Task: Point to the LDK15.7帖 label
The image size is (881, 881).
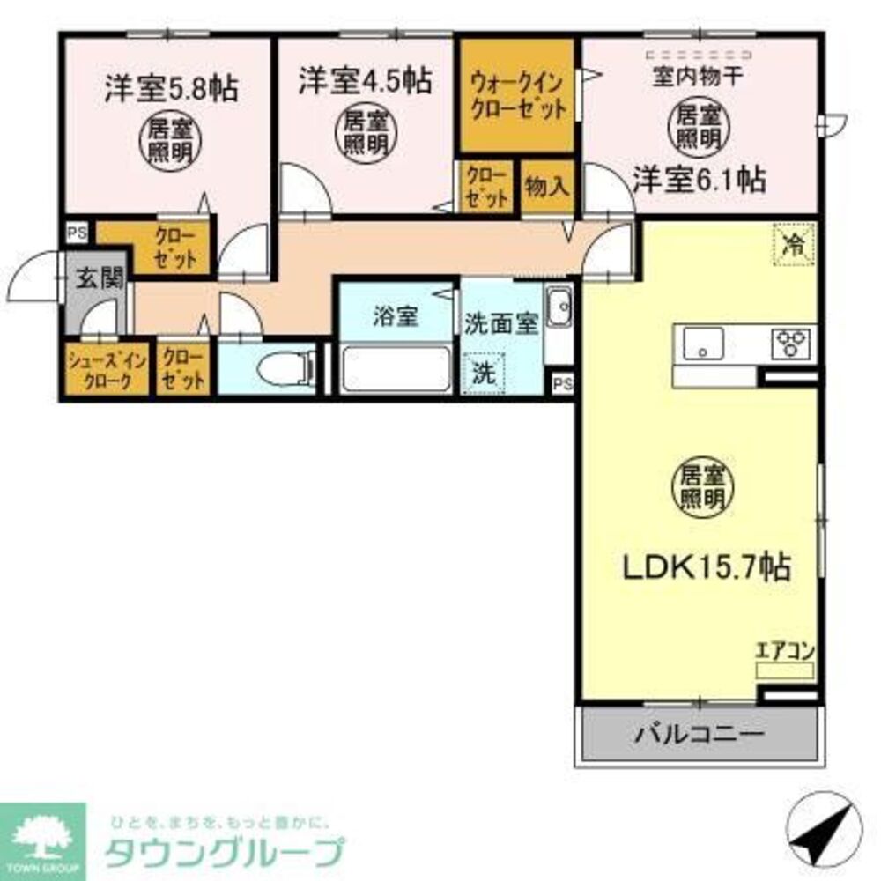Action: (x=706, y=566)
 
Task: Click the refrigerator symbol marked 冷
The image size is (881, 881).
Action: (x=794, y=243)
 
